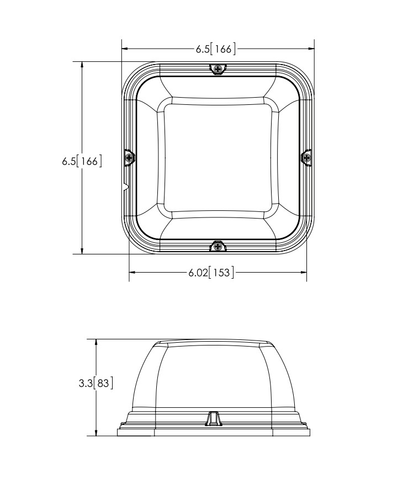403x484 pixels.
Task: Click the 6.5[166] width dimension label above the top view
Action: click(215, 49)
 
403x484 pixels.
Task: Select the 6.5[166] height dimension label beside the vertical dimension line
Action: click(82, 161)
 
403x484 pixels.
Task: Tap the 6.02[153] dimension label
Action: click(211, 272)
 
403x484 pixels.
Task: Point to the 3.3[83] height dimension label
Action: click(96, 383)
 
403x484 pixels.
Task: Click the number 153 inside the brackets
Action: click(221, 272)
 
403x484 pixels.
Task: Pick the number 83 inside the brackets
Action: click(103, 383)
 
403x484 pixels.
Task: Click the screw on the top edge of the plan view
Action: click(218, 69)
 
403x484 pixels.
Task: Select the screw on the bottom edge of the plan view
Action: click(218, 246)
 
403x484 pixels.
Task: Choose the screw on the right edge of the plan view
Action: click(306, 158)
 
